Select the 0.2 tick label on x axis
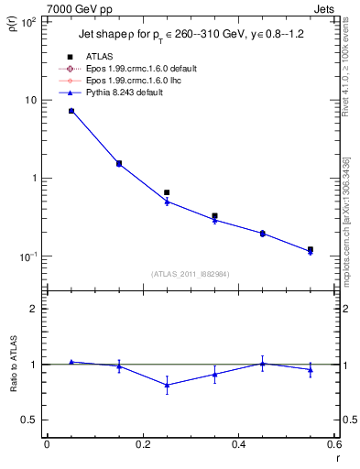(142, 444)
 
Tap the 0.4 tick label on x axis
(238, 444)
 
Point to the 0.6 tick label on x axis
(333, 444)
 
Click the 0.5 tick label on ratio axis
(29, 420)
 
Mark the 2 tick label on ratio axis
(34, 309)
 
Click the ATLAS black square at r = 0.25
(167, 193)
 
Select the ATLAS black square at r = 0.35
(214, 216)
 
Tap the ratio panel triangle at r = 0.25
(167, 385)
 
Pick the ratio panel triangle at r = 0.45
(263, 364)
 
